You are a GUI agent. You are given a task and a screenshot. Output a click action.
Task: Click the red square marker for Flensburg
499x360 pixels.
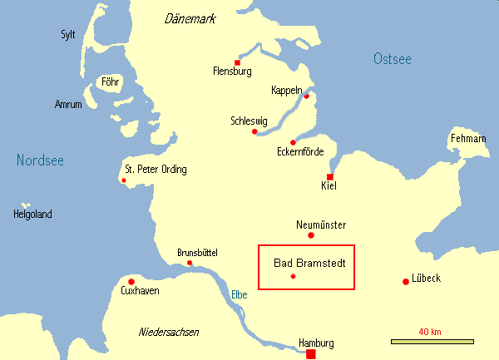coord(238,62)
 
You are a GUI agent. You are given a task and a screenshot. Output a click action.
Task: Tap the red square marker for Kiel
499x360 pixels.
coord(330,177)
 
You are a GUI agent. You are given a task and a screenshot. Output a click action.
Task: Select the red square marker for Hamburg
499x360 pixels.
coord(311,354)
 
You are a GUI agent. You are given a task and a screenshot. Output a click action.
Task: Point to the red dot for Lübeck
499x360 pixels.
coord(405,281)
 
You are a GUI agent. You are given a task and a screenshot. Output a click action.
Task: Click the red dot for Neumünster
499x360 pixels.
coord(311,235)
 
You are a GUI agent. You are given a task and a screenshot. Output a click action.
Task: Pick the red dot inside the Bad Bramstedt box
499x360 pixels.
coord(293,276)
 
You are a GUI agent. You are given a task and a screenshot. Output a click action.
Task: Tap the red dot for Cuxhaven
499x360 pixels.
coord(131,282)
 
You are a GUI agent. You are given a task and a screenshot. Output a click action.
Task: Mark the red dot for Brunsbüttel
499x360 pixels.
coord(190,264)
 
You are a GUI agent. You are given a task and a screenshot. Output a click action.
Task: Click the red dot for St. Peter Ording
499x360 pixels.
coord(124,180)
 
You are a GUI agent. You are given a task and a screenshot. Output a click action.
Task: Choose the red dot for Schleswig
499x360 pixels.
coord(254,131)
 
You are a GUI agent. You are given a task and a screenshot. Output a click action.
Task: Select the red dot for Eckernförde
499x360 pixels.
coord(293,142)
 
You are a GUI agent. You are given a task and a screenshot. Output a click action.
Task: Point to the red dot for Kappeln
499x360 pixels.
coord(306,96)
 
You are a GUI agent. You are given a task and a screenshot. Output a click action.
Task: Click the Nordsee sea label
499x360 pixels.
coord(40,160)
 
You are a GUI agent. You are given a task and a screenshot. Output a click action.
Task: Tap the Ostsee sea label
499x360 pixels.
coord(393,59)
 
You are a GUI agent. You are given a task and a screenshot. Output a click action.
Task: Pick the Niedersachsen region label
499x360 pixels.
coord(168,332)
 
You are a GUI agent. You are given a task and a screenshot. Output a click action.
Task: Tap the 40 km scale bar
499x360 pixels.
coord(432,341)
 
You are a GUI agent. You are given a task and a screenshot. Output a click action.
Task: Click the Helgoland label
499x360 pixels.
coord(32,215)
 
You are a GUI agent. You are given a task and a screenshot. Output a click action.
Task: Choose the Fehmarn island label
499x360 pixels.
coord(467,138)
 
